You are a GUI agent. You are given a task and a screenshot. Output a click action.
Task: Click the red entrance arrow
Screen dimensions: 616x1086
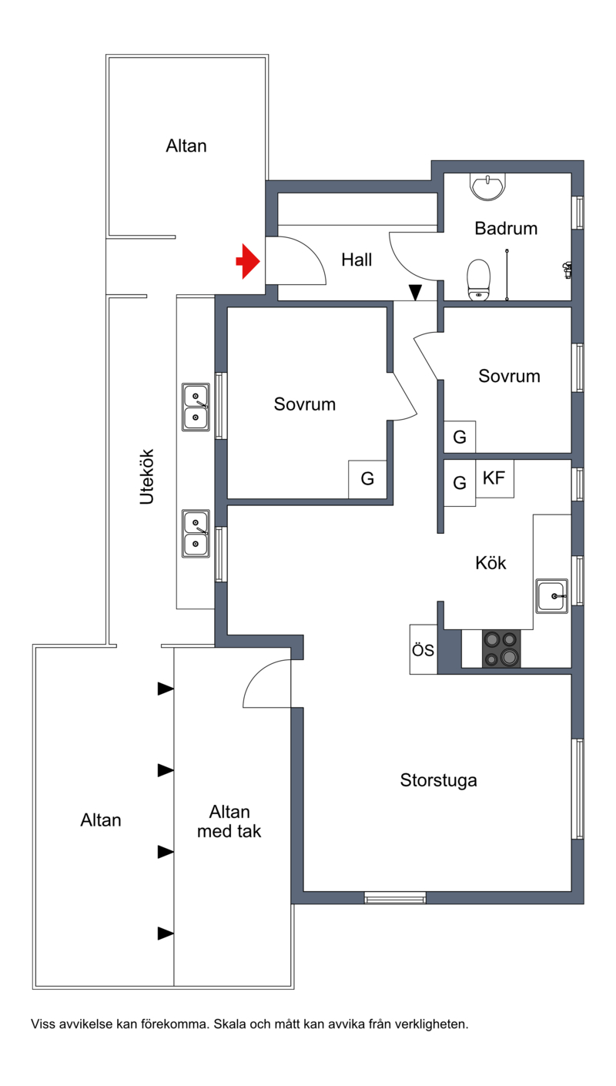tap(248, 261)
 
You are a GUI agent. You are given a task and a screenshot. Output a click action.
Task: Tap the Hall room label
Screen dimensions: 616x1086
tap(357, 260)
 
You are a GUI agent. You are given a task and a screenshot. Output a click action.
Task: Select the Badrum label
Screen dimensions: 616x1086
tap(506, 228)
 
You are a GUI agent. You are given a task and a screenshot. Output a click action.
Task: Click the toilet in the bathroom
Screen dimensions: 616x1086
tap(478, 280)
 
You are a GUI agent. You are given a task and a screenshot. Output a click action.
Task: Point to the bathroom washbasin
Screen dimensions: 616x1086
tap(488, 187)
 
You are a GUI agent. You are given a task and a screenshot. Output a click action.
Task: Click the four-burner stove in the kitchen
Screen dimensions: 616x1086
tap(501, 649)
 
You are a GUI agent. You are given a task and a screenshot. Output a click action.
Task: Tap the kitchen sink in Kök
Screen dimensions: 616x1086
tap(551, 596)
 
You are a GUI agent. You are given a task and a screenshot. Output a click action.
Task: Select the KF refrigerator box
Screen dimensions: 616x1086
tap(494, 478)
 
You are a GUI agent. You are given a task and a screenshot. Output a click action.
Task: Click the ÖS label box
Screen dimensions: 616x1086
tap(423, 649)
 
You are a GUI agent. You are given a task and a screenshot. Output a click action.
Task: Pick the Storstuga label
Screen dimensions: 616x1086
tap(438, 780)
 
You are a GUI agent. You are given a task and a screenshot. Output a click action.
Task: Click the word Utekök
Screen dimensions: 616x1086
tap(147, 477)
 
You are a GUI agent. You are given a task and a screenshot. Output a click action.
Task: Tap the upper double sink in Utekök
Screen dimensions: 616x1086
tap(196, 407)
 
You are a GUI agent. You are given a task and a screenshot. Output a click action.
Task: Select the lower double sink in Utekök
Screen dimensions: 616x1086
tap(196, 533)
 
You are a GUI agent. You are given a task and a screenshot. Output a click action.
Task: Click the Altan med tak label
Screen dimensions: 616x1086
tap(229, 821)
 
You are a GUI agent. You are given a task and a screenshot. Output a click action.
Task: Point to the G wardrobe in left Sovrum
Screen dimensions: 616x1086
tap(367, 479)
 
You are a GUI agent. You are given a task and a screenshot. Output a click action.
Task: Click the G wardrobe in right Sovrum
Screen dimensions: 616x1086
tap(460, 437)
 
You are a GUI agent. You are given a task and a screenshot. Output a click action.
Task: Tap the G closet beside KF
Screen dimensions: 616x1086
tap(460, 483)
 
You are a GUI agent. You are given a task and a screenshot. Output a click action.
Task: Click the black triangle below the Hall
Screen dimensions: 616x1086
tap(415, 293)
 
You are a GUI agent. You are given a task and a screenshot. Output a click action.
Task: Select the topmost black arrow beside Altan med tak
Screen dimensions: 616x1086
tap(166, 689)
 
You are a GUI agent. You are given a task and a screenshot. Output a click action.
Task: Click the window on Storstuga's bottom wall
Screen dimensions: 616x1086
tap(395, 898)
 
